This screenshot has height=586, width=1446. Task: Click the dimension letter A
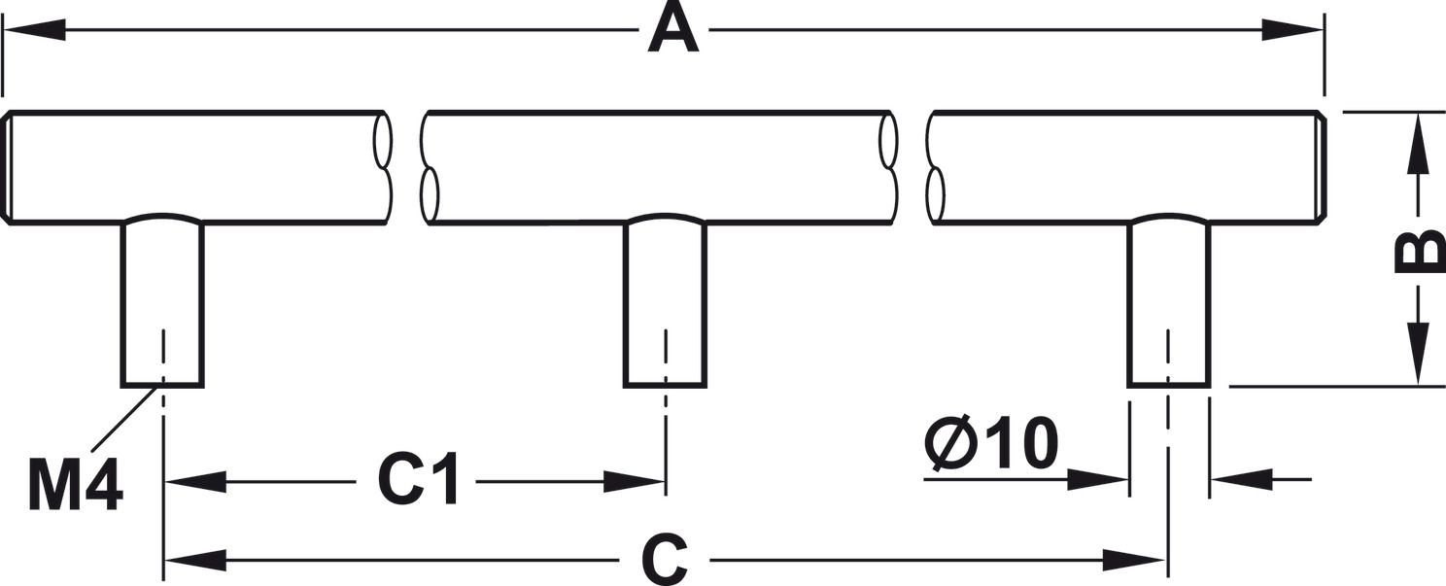click(673, 29)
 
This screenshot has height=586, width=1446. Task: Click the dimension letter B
click(1418, 252)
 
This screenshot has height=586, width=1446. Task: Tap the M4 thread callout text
click(76, 485)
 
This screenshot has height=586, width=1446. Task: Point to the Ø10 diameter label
click(991, 444)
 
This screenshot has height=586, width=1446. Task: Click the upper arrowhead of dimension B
click(1418, 141)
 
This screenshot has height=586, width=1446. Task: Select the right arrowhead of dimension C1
click(637, 481)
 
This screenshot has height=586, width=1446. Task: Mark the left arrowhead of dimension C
click(194, 560)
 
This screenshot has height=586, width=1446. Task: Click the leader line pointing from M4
click(124, 419)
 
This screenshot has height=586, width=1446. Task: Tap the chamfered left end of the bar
click(7, 168)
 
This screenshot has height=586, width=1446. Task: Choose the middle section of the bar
click(659, 167)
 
